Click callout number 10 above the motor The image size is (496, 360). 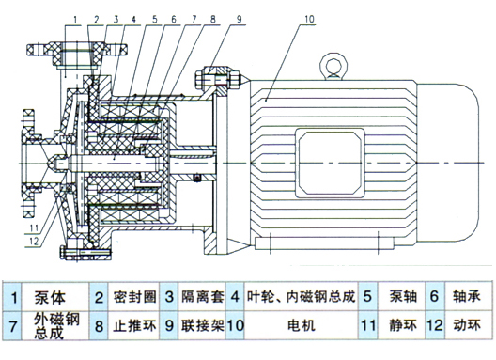(x=309, y=19)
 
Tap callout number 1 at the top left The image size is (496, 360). (x=75, y=20)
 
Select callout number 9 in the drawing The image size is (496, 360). (x=240, y=20)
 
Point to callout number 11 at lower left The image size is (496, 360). (x=34, y=227)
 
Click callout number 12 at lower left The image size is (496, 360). (x=34, y=242)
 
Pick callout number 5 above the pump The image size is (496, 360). (x=155, y=20)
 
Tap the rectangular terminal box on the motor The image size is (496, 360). (x=330, y=163)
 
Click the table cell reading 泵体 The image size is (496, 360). (x=50, y=297)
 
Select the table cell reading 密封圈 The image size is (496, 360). (x=134, y=297)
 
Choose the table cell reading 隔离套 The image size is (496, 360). (x=203, y=297)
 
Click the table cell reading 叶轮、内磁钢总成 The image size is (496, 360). (x=302, y=297)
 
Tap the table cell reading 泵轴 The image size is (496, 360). (x=401, y=297)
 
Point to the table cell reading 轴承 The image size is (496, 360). (x=467, y=297)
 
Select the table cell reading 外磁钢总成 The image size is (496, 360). (x=56, y=326)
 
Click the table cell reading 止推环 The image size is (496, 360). (x=134, y=326)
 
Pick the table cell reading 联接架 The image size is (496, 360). (x=203, y=326)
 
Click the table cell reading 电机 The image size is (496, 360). (x=302, y=326)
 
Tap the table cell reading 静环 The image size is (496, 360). (x=402, y=326)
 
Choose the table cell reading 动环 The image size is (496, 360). (x=467, y=326)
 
